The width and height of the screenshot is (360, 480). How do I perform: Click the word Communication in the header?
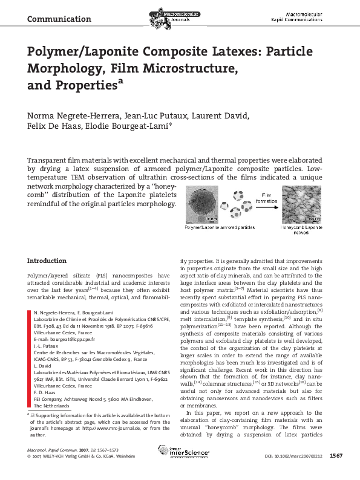(x=59, y=19)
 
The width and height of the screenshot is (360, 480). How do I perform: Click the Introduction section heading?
(x=50, y=261)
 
